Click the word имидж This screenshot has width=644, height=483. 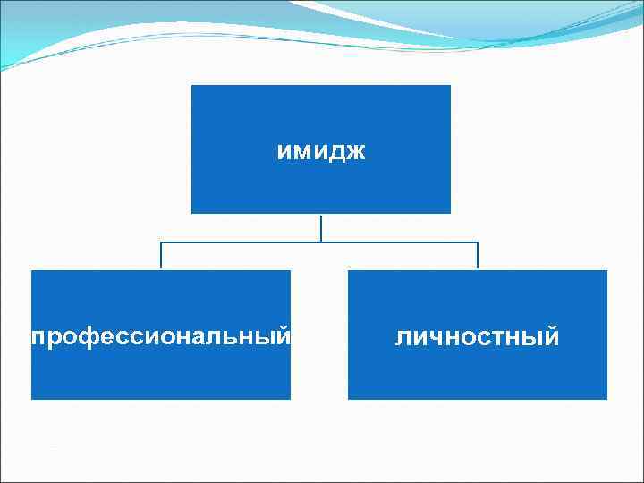(x=321, y=152)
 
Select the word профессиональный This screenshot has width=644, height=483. (x=161, y=338)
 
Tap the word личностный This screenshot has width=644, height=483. (x=478, y=338)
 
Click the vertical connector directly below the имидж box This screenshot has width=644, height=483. (x=321, y=227)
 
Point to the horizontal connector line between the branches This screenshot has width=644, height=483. (x=241, y=242)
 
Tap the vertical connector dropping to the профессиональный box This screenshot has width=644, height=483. (x=161, y=256)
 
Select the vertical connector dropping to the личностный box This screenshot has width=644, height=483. (x=478, y=256)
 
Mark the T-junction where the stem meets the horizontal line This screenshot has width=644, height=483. (x=321, y=242)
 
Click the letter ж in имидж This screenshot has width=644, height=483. (x=356, y=152)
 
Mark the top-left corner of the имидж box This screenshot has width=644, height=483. (x=192, y=86)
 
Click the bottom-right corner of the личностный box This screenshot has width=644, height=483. (x=606, y=398)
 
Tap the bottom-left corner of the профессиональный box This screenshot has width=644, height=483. (x=32, y=398)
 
